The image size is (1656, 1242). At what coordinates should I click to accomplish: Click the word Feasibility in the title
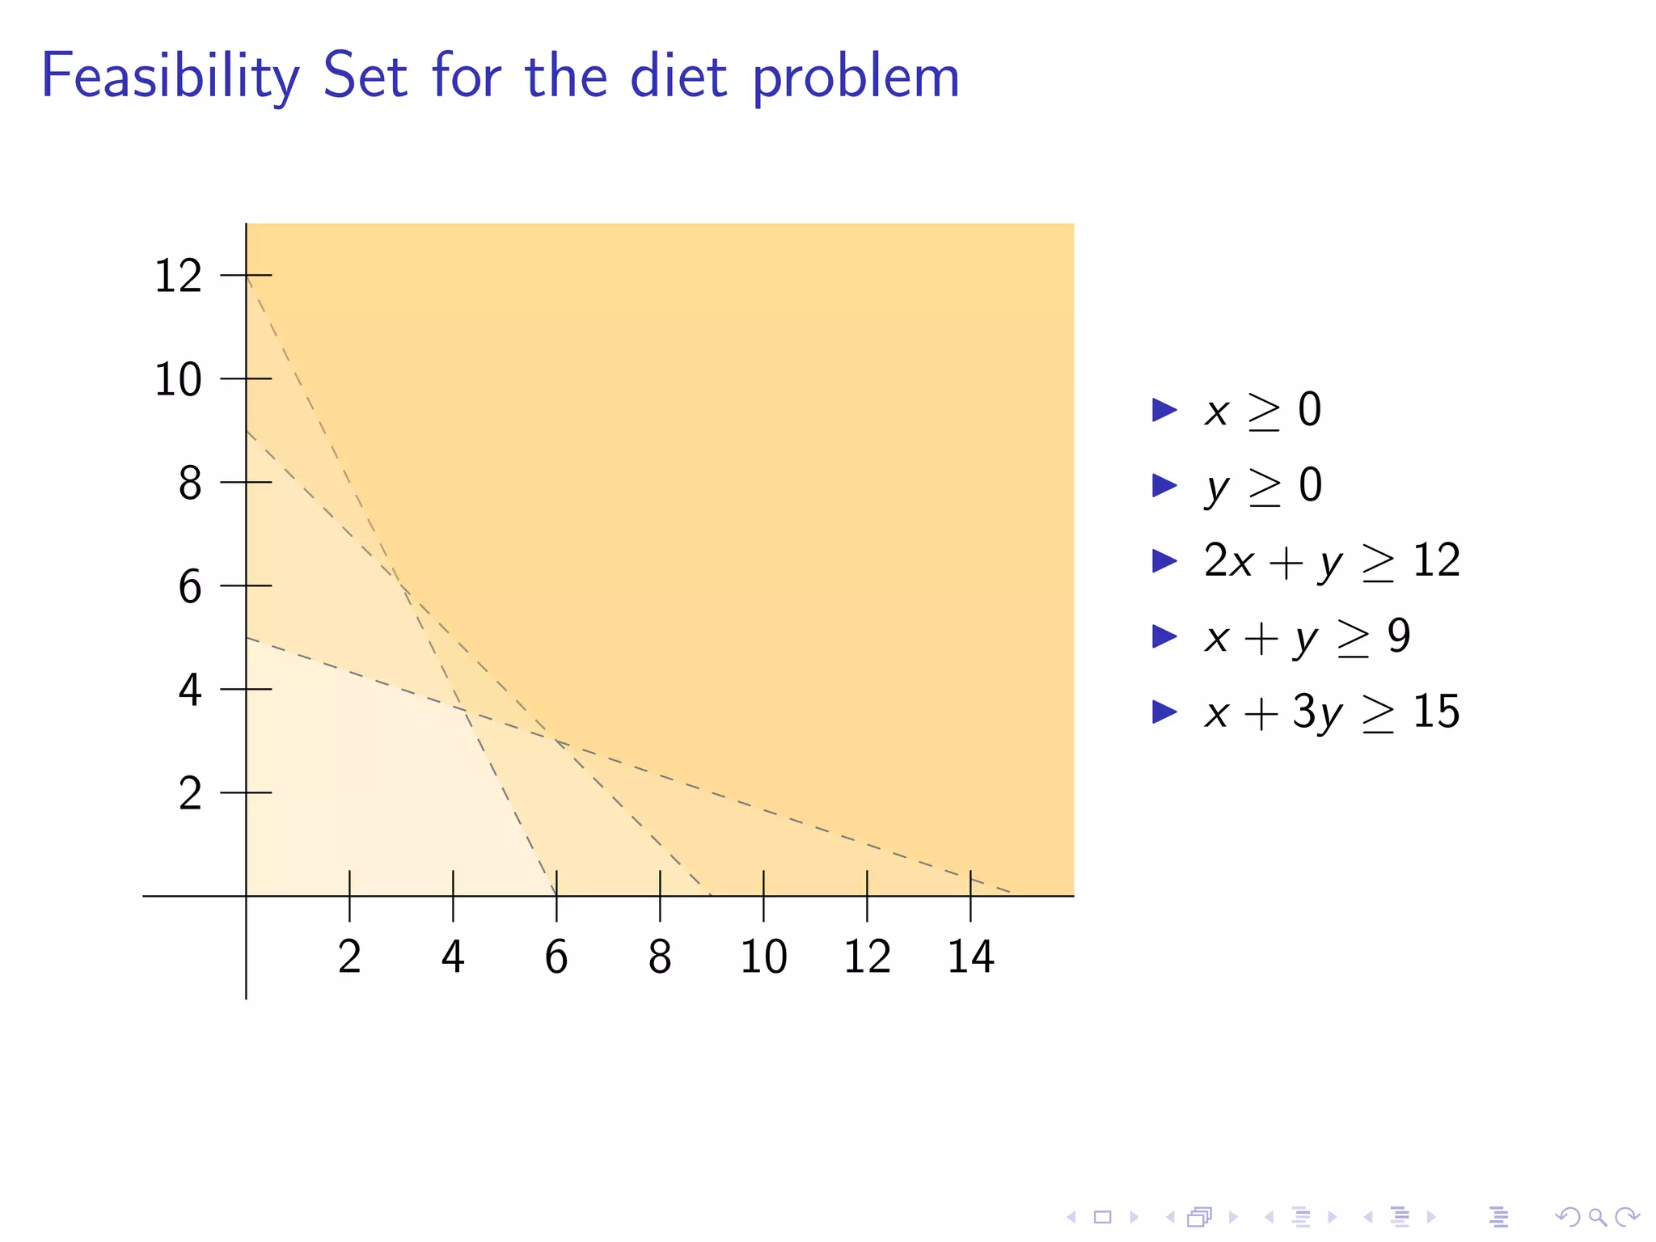170,77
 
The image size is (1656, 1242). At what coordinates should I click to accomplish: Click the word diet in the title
678,77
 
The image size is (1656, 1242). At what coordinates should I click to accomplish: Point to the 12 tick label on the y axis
178,276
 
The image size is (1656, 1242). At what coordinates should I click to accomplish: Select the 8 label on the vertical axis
190,483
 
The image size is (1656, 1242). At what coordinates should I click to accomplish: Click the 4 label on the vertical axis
190,690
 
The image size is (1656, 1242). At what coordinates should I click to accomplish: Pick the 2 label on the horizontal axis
349,957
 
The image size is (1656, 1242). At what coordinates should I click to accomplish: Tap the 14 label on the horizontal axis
970,957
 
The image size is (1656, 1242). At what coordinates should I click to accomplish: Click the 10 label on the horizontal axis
763,957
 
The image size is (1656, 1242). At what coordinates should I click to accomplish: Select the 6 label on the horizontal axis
556,957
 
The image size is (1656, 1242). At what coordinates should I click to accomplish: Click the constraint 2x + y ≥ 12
1331,560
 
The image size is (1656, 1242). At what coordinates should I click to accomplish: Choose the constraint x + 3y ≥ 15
1331,712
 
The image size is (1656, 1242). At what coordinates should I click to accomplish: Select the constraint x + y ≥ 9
1307,636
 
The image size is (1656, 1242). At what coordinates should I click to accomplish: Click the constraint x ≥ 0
1262,410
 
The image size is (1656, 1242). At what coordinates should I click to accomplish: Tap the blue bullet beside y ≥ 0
1164,485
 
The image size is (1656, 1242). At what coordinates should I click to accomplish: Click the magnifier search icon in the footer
1597,1216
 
